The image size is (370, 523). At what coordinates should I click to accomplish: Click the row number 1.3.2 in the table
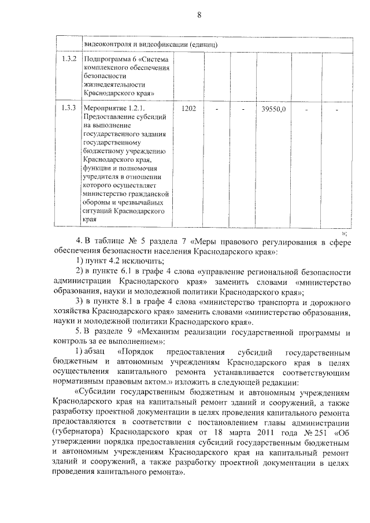click(x=68, y=59)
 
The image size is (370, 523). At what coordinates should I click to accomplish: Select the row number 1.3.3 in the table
click(x=68, y=108)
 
